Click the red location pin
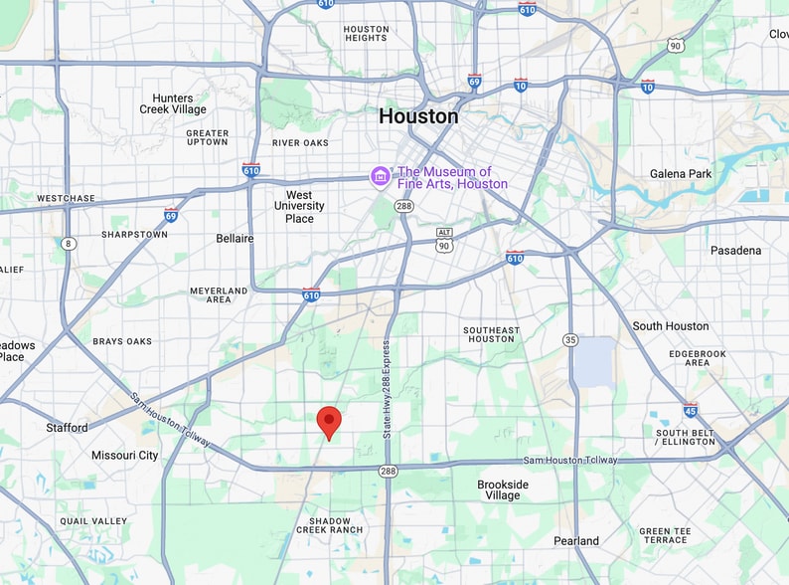click(329, 422)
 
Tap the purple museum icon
click(380, 177)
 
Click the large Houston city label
click(418, 116)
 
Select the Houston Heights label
click(366, 33)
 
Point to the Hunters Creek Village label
click(173, 104)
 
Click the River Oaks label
click(300, 143)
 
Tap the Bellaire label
click(235, 239)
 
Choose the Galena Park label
click(681, 174)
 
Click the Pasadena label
click(735, 251)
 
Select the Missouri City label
click(125, 456)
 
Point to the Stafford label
click(67, 428)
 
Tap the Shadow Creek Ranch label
click(330, 524)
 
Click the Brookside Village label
click(503, 489)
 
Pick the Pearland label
click(576, 541)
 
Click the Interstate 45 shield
click(691, 410)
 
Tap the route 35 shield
click(570, 340)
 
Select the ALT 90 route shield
click(444, 239)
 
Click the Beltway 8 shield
click(68, 244)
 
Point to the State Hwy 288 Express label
click(387, 390)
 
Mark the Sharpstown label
click(134, 235)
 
